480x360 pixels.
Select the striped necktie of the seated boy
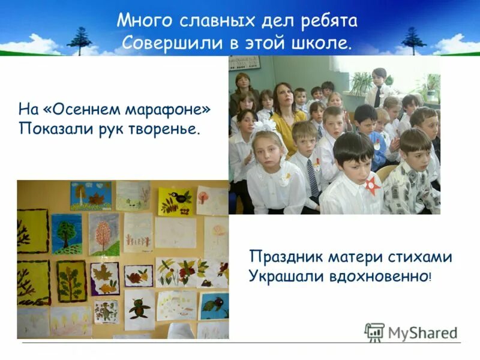[313, 178]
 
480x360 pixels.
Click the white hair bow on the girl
[262, 127]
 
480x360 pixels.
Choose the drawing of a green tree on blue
[66, 233]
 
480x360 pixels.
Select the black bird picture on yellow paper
[176, 201]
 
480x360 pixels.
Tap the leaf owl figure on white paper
[140, 307]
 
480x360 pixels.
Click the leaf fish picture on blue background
[214, 305]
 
